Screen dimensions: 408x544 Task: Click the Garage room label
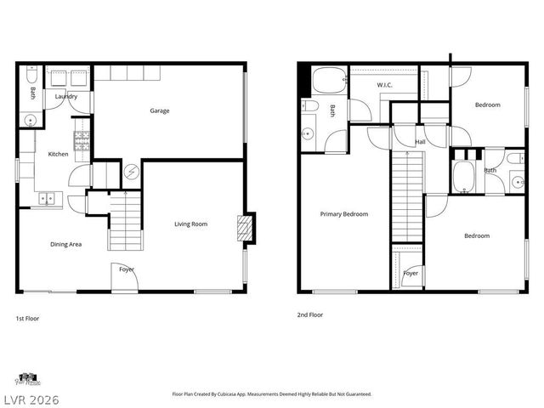(x=159, y=110)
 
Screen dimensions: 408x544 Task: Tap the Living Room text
(x=191, y=224)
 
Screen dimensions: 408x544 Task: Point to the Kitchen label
(x=58, y=154)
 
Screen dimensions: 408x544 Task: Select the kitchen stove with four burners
(x=82, y=144)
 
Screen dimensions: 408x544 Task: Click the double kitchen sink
(x=48, y=200)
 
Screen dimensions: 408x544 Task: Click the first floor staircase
(x=123, y=223)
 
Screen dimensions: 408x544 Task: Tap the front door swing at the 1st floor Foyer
(x=122, y=277)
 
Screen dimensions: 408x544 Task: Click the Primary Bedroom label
(x=343, y=214)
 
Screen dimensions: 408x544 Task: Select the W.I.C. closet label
(x=383, y=85)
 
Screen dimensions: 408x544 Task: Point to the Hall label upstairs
(x=420, y=142)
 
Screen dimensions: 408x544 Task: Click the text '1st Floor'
(x=27, y=318)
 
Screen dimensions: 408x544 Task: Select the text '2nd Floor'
(x=309, y=314)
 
